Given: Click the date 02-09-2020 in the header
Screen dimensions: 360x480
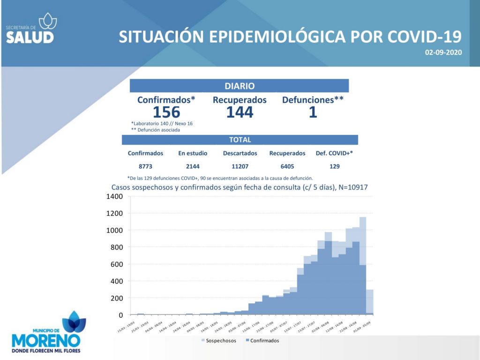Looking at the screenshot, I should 443,53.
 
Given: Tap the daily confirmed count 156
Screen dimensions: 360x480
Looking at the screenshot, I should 166,112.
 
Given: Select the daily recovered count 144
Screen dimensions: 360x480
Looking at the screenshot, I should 240,112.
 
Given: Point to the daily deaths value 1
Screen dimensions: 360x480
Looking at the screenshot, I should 313,112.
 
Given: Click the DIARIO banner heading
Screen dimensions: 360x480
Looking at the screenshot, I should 240,86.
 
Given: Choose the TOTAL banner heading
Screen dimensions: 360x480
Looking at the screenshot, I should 240,140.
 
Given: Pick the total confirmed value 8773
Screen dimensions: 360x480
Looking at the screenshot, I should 145,166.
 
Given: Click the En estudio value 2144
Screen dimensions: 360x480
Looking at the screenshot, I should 192,166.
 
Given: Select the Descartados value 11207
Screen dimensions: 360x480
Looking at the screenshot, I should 240,166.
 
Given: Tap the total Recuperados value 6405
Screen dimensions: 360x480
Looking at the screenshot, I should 287,166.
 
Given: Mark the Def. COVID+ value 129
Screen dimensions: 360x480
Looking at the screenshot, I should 334,166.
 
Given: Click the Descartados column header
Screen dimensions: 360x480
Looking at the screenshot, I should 240,153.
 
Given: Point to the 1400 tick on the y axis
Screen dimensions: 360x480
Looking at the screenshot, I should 115,196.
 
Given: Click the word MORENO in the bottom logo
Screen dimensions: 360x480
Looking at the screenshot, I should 45,339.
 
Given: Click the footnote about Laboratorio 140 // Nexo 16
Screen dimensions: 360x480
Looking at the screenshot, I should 162,123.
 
